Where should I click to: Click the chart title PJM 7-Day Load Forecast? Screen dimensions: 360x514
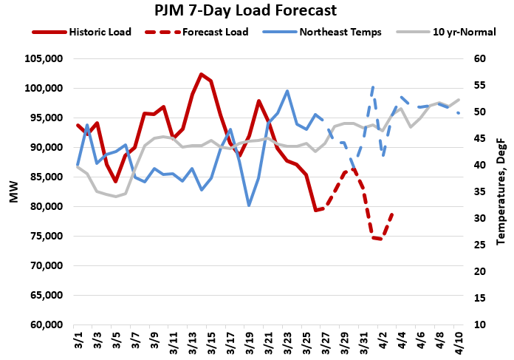[256, 11]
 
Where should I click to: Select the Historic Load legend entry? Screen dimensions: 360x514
[96, 33]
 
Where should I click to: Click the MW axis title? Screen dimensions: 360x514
[12, 192]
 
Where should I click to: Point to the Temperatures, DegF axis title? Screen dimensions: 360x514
[502, 192]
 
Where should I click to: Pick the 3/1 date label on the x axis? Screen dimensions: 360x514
[78, 342]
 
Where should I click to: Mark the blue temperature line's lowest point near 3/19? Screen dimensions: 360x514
[249, 206]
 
